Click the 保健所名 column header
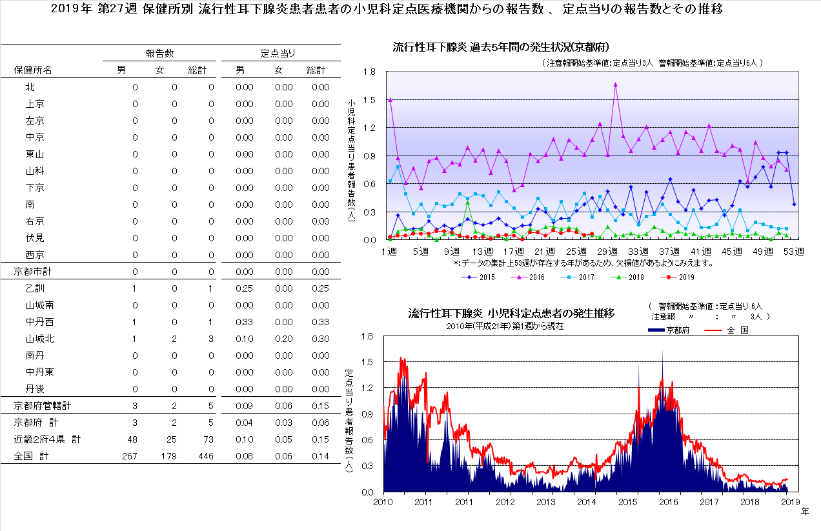(x=34, y=70)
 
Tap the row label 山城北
(x=39, y=339)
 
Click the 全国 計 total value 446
(x=206, y=456)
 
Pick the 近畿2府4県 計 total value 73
(x=208, y=439)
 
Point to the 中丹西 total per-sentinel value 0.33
(x=320, y=322)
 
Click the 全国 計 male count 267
(x=130, y=456)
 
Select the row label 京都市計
(x=33, y=272)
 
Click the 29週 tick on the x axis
(x=607, y=251)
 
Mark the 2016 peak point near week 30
(x=615, y=84)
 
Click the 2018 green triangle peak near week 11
(x=467, y=203)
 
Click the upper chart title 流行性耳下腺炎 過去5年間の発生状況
(x=502, y=47)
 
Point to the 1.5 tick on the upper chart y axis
(x=369, y=100)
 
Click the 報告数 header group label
(x=159, y=53)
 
